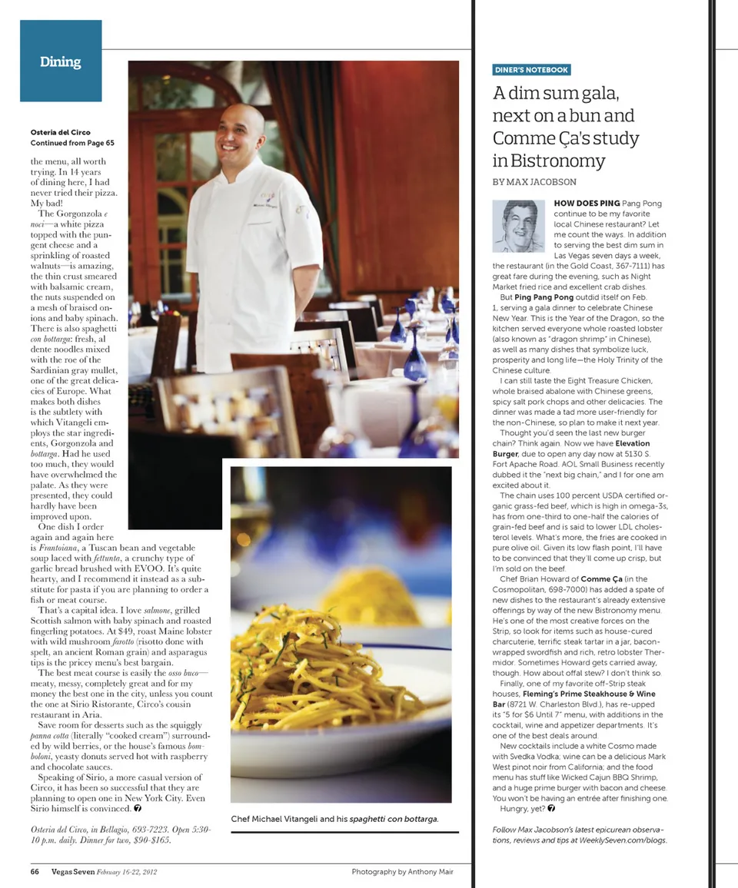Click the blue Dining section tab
pyautogui.click(x=61, y=61)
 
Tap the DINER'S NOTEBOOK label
pyautogui.click(x=531, y=70)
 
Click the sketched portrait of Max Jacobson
pyautogui.click(x=518, y=226)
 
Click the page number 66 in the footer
pyautogui.click(x=35, y=872)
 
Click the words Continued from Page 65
pyautogui.click(x=72, y=143)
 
